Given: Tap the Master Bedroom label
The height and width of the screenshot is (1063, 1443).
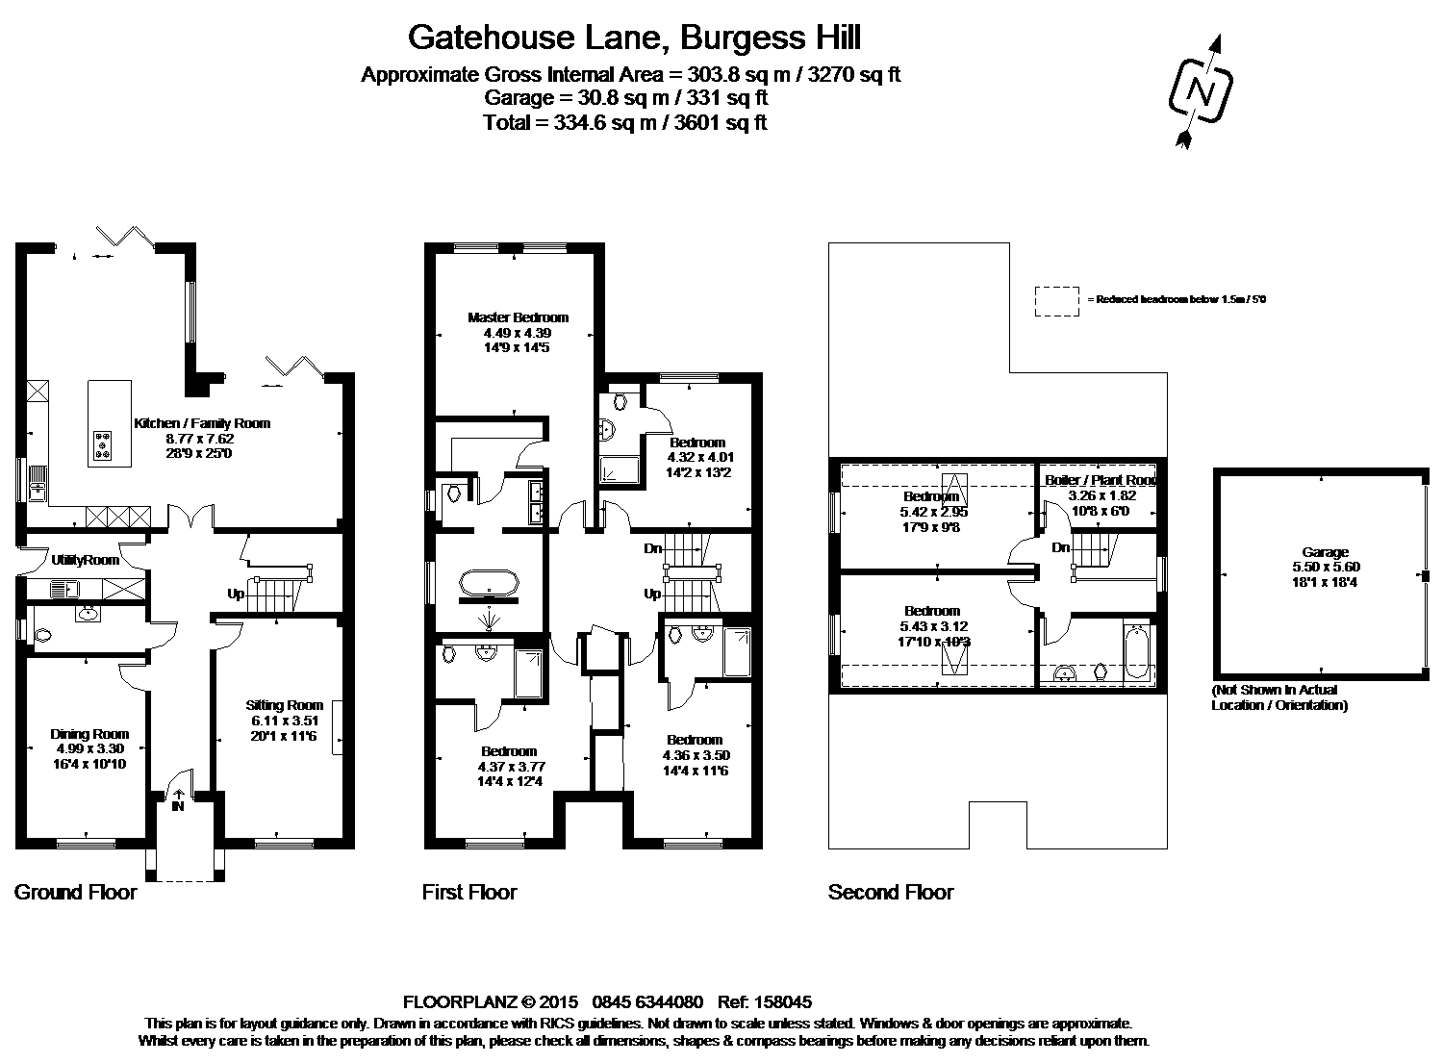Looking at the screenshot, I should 518,317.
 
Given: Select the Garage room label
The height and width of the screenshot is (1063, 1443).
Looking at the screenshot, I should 1325,552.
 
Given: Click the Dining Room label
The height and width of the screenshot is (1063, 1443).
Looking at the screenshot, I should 89,734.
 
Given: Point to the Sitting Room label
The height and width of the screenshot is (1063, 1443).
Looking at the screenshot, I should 285,705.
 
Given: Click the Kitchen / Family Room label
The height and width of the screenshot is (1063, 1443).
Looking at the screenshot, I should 202,423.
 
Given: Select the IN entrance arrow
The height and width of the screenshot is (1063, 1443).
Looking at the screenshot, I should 178,796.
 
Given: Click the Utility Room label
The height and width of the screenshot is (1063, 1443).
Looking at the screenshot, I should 85,560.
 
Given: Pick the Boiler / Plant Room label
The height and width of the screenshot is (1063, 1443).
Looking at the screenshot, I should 1101,480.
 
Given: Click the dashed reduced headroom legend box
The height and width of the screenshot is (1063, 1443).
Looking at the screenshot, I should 1057,300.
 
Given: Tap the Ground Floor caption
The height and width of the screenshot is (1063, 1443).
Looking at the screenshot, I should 75,893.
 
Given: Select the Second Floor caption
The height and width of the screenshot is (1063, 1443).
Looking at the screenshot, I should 890,893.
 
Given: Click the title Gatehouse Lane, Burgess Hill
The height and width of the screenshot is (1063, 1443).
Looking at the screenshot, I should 634,38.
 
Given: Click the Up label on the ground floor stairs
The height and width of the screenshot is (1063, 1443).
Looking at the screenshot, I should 236,595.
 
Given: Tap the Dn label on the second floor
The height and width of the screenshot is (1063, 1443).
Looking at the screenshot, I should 1061,548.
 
